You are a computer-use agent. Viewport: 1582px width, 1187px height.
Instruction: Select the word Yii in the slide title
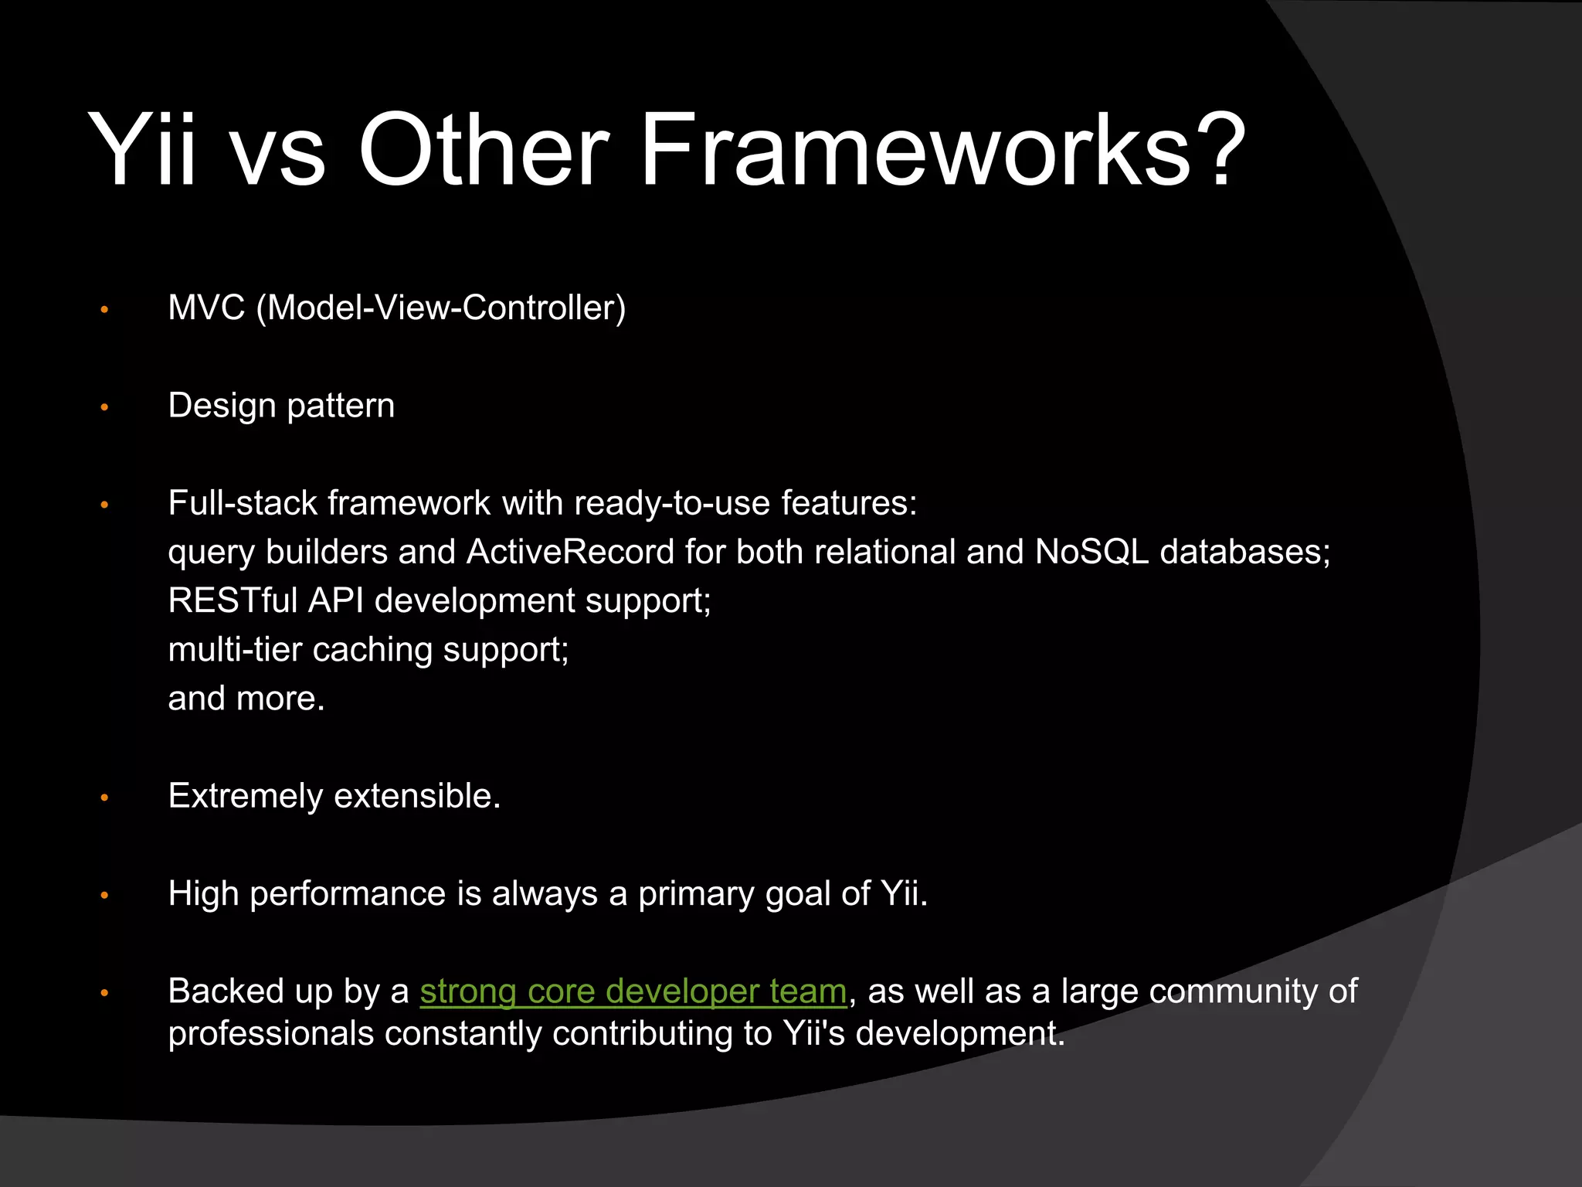point(142,150)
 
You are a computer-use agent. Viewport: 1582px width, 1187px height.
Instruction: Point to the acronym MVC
point(206,308)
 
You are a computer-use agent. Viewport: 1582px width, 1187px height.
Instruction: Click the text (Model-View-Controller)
point(440,308)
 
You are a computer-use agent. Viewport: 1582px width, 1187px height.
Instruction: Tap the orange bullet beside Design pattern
point(105,407)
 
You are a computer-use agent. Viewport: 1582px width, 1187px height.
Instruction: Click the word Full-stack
point(243,503)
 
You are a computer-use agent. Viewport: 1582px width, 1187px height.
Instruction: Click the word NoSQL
point(1091,552)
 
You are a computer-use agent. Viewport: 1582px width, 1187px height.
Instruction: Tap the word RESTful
point(233,600)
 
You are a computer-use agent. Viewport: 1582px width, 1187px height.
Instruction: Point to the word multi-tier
point(235,650)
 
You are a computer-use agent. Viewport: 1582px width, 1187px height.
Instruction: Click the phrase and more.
point(246,699)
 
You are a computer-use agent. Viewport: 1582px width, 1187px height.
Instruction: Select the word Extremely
point(245,797)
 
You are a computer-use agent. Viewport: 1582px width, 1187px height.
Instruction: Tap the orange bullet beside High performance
point(105,896)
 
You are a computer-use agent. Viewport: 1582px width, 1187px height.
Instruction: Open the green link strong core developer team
point(633,991)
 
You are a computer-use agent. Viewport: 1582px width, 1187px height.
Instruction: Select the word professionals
point(270,1034)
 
